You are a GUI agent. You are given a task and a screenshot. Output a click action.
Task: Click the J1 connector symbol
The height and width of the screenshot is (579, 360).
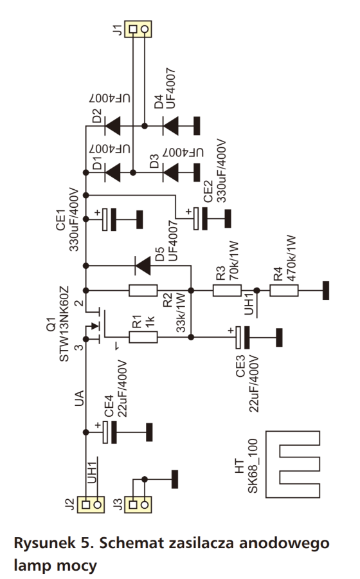(138, 29)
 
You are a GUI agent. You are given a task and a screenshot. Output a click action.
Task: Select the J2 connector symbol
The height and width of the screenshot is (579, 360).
(91, 504)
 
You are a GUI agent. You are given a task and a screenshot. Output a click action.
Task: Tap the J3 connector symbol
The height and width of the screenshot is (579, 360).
(138, 504)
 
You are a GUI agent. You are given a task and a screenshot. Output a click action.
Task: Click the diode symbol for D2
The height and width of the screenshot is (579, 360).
(113, 126)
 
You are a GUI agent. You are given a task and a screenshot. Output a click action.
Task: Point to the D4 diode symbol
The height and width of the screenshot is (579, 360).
(170, 126)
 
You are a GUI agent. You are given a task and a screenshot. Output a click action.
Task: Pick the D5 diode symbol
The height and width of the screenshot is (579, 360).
(143, 266)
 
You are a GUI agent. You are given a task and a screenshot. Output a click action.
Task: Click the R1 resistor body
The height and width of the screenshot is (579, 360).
(143, 337)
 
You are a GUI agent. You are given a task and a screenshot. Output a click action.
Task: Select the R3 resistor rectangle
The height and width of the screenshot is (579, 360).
(227, 291)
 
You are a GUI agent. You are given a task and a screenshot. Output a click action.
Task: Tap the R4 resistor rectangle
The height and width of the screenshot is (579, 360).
(284, 291)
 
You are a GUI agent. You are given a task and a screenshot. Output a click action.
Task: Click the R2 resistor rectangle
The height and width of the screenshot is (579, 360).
(143, 291)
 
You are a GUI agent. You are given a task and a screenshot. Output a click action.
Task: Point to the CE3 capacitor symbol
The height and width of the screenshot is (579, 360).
(242, 337)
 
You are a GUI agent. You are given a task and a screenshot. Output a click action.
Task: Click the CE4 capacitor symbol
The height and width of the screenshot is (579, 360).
(109, 432)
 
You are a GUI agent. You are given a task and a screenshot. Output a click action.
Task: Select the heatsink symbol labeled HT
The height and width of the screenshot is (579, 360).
(292, 464)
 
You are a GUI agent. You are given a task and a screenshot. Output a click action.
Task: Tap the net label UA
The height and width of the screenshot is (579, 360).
(79, 398)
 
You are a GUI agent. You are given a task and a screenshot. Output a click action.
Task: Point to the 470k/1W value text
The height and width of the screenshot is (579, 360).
(291, 259)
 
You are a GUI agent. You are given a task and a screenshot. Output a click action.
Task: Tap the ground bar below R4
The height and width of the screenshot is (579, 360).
(326, 291)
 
